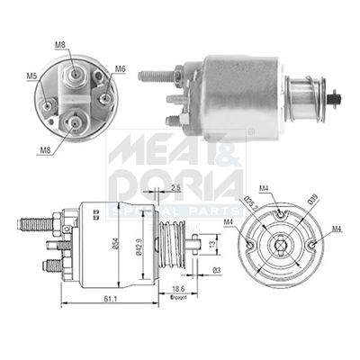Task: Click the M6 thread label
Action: tap(121, 68)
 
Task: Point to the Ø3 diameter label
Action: tap(216, 271)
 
